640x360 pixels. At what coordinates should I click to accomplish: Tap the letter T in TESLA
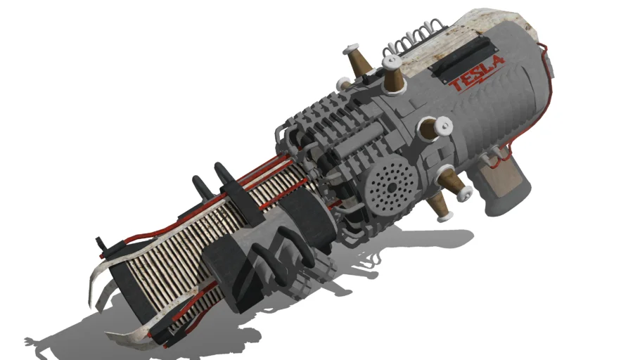coord(459,85)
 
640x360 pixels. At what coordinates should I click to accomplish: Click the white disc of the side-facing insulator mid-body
coord(444,126)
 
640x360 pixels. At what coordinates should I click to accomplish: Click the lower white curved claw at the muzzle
coord(134,337)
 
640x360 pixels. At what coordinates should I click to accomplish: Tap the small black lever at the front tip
coord(105,243)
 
